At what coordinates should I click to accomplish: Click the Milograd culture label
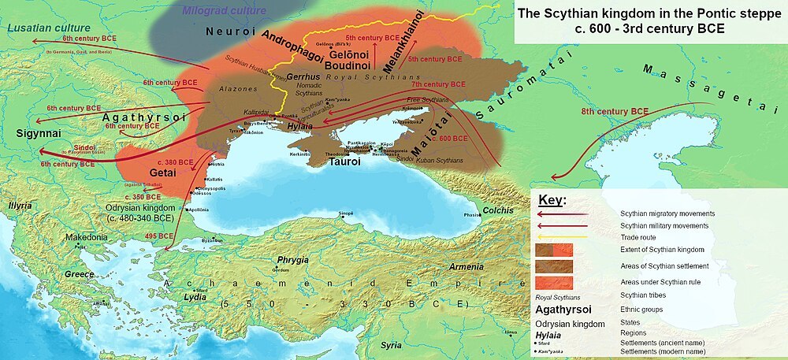pos(225,11)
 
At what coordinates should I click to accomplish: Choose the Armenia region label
pos(466,267)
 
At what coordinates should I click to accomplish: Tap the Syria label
pos(392,345)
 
